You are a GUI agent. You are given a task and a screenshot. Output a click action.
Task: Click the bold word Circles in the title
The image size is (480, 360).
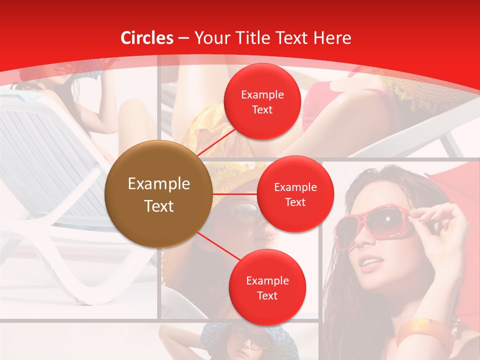click(147, 38)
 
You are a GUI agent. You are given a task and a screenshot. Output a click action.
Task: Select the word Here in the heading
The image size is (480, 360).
click(332, 38)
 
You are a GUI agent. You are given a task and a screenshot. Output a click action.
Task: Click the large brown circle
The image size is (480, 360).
click(158, 194)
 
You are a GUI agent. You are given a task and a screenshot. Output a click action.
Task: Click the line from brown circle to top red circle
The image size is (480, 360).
click(216, 142)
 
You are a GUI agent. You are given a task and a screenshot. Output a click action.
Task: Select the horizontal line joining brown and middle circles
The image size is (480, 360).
click(234, 193)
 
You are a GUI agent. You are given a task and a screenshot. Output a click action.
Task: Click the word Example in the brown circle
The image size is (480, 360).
click(158, 184)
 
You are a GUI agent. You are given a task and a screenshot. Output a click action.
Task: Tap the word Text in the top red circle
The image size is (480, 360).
click(262, 109)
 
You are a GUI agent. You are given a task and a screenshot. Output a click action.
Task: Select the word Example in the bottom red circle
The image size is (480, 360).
click(267, 280)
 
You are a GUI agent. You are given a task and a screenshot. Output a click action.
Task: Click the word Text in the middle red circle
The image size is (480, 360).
click(295, 202)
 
